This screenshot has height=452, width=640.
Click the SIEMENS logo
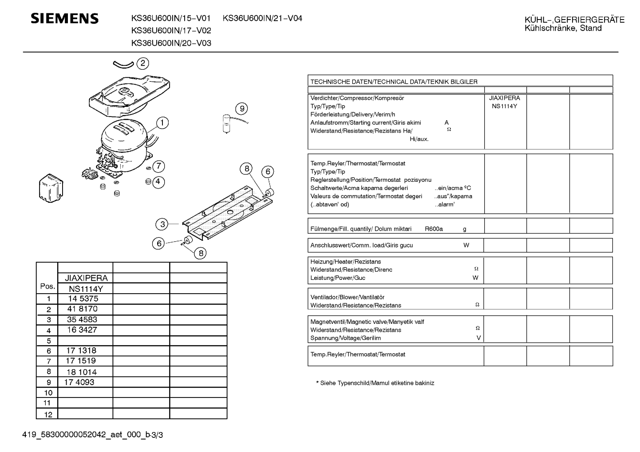(65, 19)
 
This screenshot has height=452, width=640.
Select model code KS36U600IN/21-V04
(262, 18)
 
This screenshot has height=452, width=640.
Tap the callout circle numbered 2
(142, 63)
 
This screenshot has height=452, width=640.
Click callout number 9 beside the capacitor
(241, 109)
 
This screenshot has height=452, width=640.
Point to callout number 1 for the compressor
(162, 123)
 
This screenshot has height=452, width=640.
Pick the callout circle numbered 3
(162, 224)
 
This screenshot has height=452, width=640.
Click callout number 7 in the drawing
(159, 166)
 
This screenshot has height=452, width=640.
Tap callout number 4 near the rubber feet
(158, 182)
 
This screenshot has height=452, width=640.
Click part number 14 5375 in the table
(83, 299)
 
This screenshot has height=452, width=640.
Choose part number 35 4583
(82, 319)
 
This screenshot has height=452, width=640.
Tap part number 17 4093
(79, 382)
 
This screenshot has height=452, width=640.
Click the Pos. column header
(47, 287)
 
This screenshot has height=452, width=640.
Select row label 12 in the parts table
(48, 415)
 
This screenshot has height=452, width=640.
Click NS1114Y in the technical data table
(504, 106)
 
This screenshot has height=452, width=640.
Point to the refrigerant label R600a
(434, 229)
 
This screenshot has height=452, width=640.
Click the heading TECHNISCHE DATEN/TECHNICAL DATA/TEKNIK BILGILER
(394, 82)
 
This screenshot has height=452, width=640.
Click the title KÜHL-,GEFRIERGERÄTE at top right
(574, 20)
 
